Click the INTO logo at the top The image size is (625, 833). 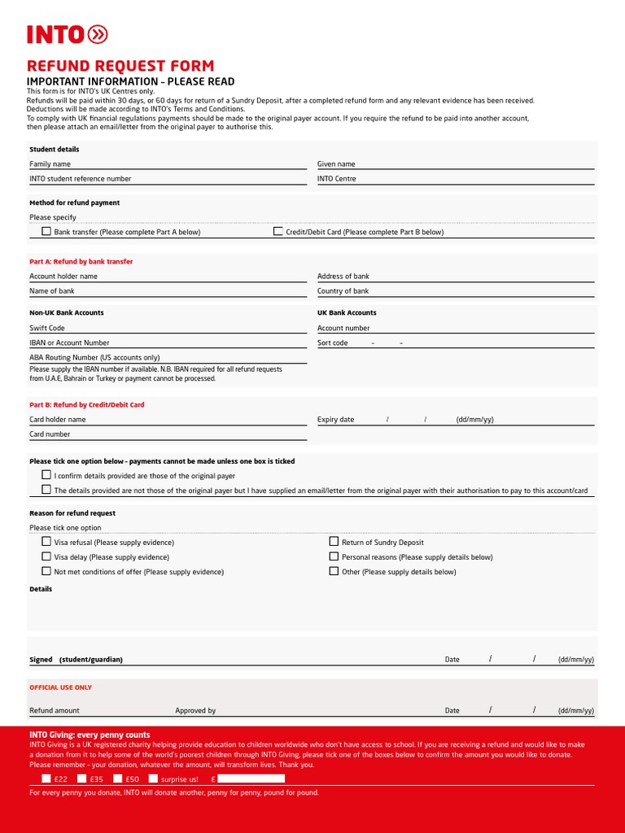[67, 34]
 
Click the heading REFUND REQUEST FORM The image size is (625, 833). [120, 66]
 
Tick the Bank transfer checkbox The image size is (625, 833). [46, 232]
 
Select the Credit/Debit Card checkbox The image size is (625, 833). [278, 232]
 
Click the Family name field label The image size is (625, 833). [50, 164]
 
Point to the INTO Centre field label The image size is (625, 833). [336, 179]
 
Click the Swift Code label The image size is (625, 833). [47, 329]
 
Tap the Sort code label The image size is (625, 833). [332, 343]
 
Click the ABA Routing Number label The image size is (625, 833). [94, 357]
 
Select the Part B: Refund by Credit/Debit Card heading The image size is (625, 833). [87, 405]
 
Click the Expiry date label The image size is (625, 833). [335, 420]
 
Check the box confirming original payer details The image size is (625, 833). [46, 475]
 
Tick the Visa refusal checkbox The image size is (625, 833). [46, 542]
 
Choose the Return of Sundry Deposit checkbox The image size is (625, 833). [334, 542]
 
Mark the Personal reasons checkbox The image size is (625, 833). [334, 556]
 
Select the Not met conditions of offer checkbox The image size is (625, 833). [46, 571]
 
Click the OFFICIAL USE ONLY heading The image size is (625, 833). [61, 687]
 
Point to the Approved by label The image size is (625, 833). [195, 711]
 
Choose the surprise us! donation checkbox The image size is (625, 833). [153, 778]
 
